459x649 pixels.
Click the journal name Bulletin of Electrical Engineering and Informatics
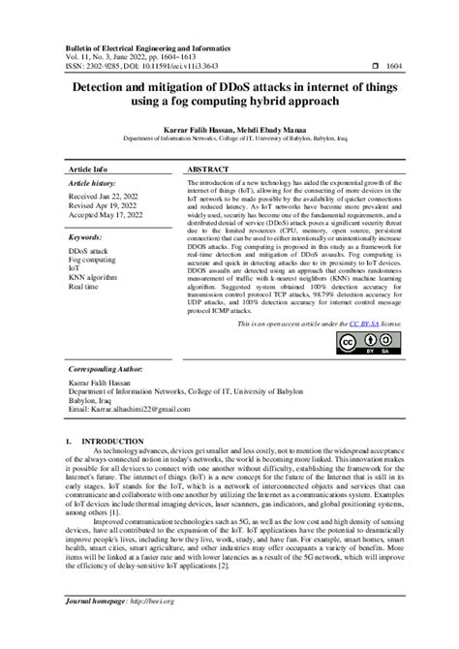click(155, 46)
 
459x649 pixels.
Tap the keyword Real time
click(83, 287)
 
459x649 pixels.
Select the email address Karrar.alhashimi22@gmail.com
click(129, 410)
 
